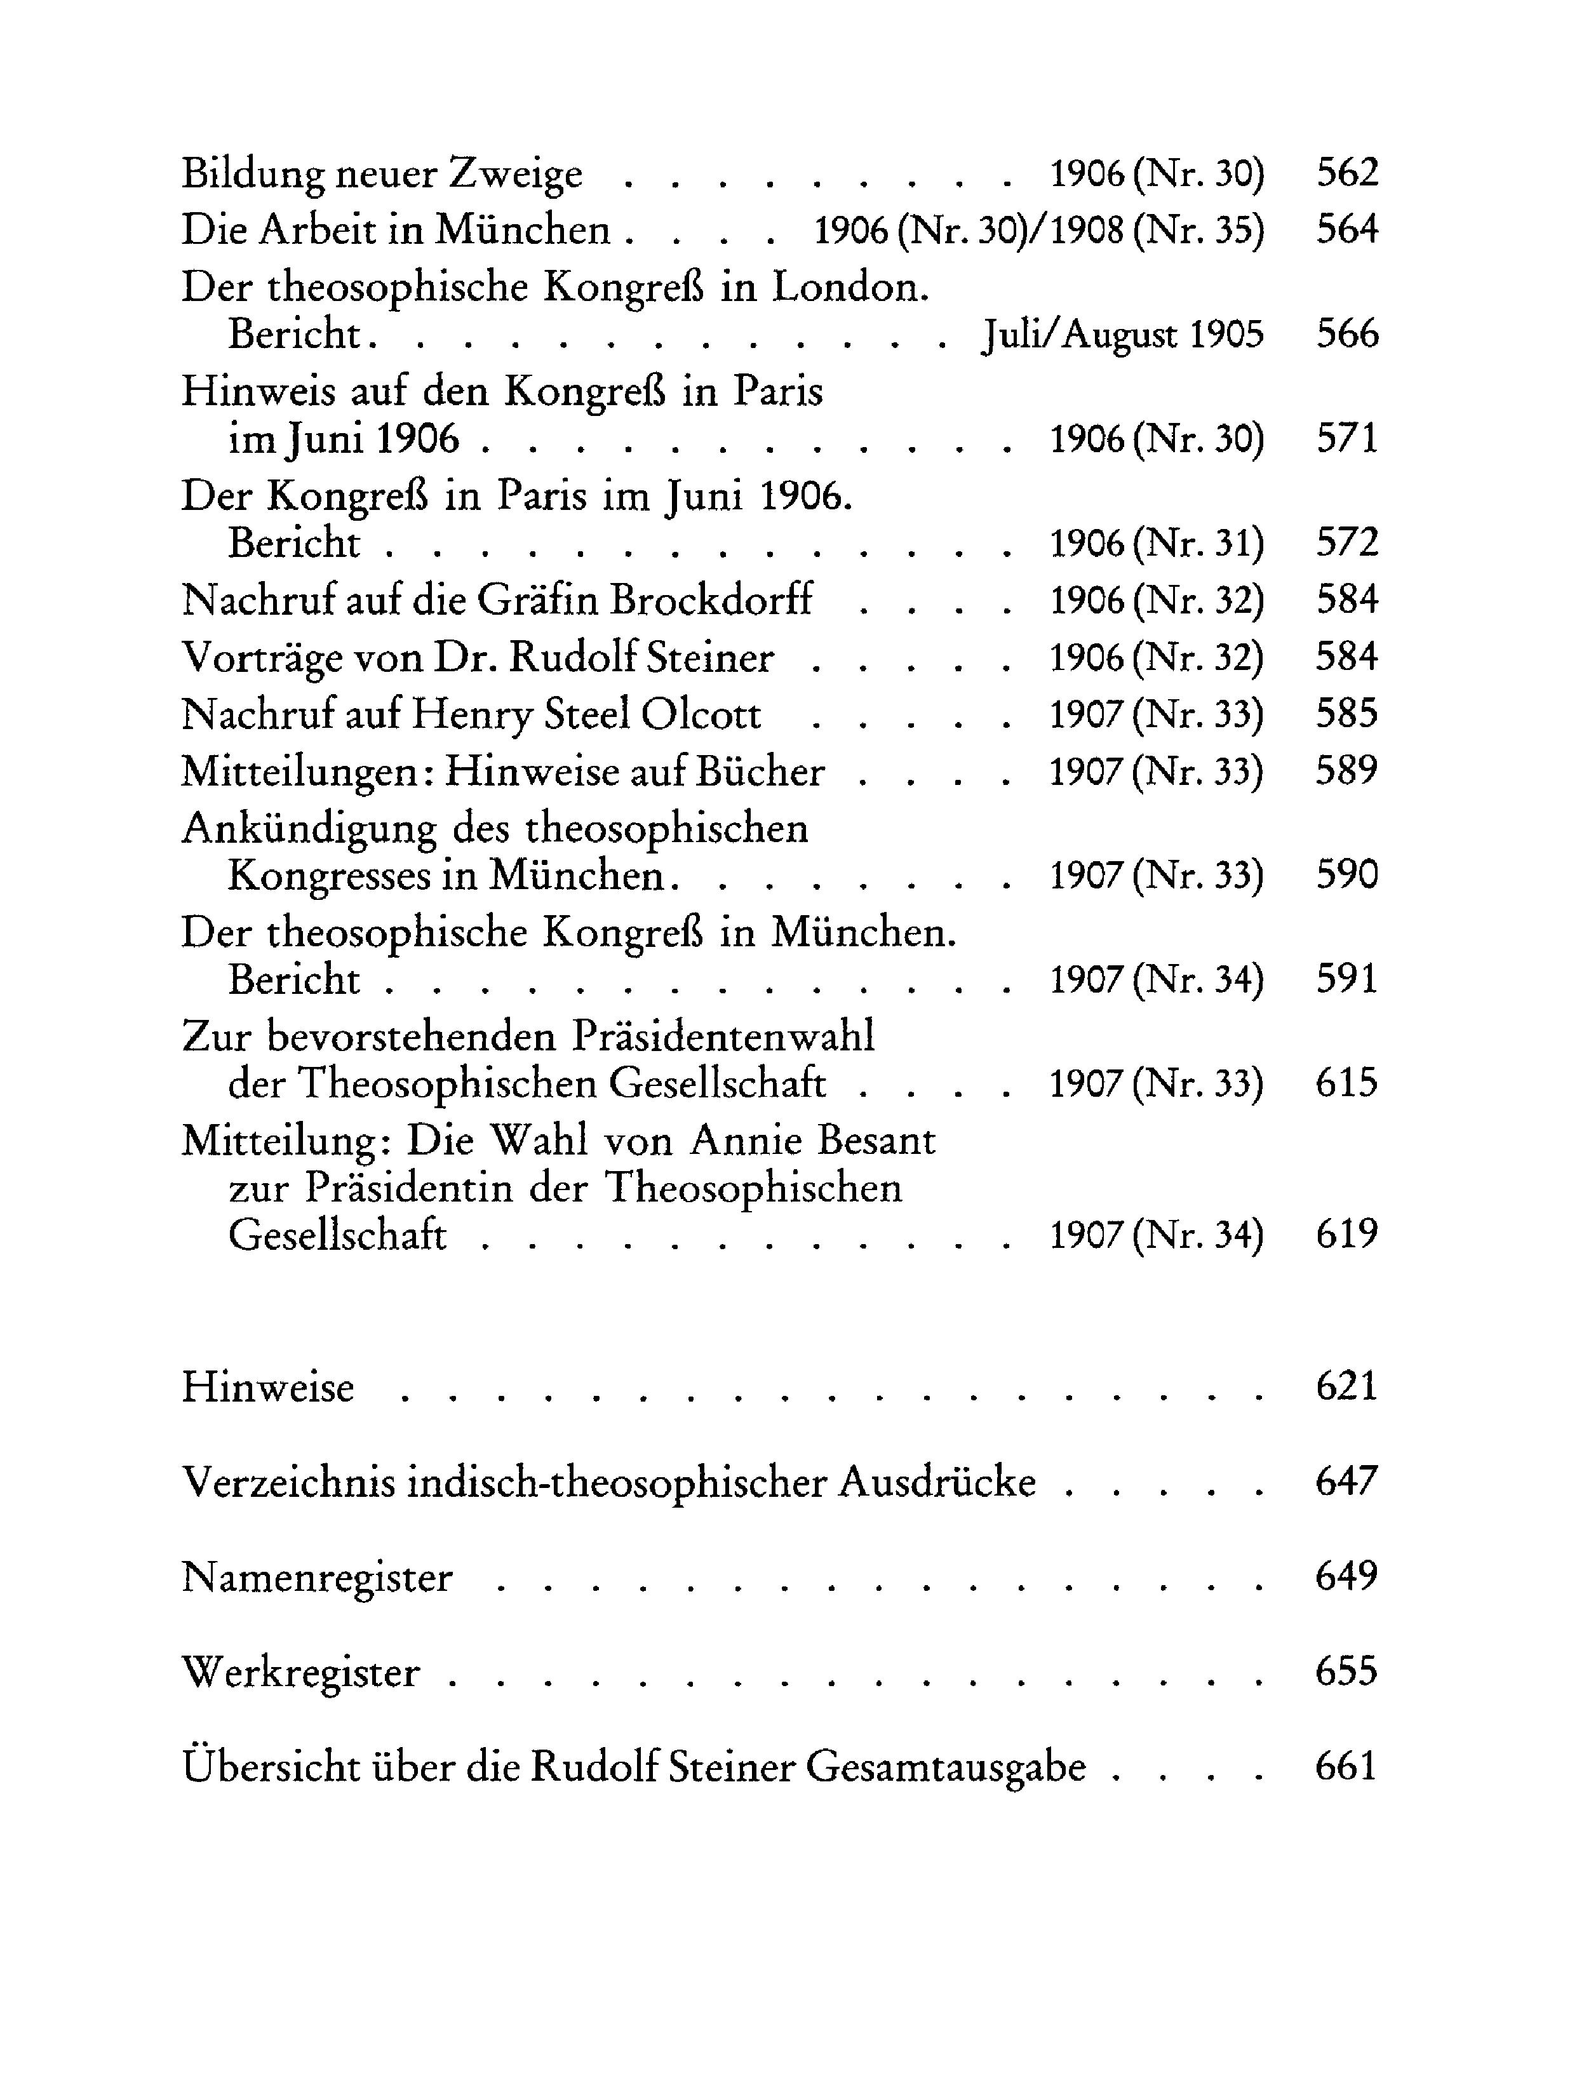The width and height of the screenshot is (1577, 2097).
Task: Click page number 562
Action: point(1346,173)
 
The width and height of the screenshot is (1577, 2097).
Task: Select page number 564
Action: point(1346,229)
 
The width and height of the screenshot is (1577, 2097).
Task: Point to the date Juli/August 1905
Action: point(1124,335)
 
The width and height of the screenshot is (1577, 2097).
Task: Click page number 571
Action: point(1346,438)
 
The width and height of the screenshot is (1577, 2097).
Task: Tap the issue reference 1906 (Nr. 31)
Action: point(1157,543)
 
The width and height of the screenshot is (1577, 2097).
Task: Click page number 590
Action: point(1346,874)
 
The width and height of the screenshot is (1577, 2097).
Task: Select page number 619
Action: point(1346,1235)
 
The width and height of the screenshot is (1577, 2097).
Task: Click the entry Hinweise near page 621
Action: point(267,1388)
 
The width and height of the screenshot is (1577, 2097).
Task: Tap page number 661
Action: point(1346,1766)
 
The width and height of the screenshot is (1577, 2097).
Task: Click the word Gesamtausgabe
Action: point(946,1768)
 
